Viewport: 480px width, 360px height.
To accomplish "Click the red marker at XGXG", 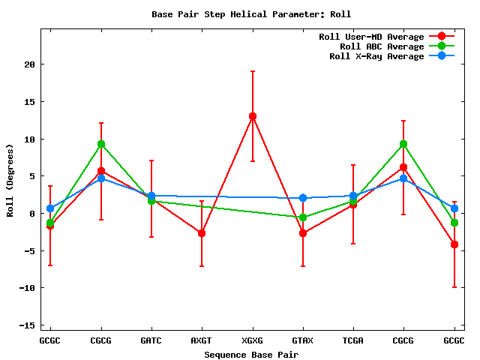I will point(253,116).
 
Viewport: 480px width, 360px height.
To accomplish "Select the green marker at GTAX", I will point(303,217).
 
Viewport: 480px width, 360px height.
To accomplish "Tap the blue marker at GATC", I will point(151,196).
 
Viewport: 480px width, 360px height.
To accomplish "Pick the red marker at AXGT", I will point(202,233).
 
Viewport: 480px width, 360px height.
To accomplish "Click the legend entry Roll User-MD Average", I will point(371,37).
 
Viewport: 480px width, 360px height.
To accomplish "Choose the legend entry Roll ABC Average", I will point(382,46).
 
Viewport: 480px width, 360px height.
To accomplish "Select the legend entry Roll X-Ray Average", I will point(376,56).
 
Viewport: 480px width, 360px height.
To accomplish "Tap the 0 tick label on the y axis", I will point(32,214).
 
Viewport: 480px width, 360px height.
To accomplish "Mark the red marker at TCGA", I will point(353,204).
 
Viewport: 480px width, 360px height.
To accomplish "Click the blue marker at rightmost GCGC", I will point(454,208).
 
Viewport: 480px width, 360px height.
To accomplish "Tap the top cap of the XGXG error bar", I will point(253,71).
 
